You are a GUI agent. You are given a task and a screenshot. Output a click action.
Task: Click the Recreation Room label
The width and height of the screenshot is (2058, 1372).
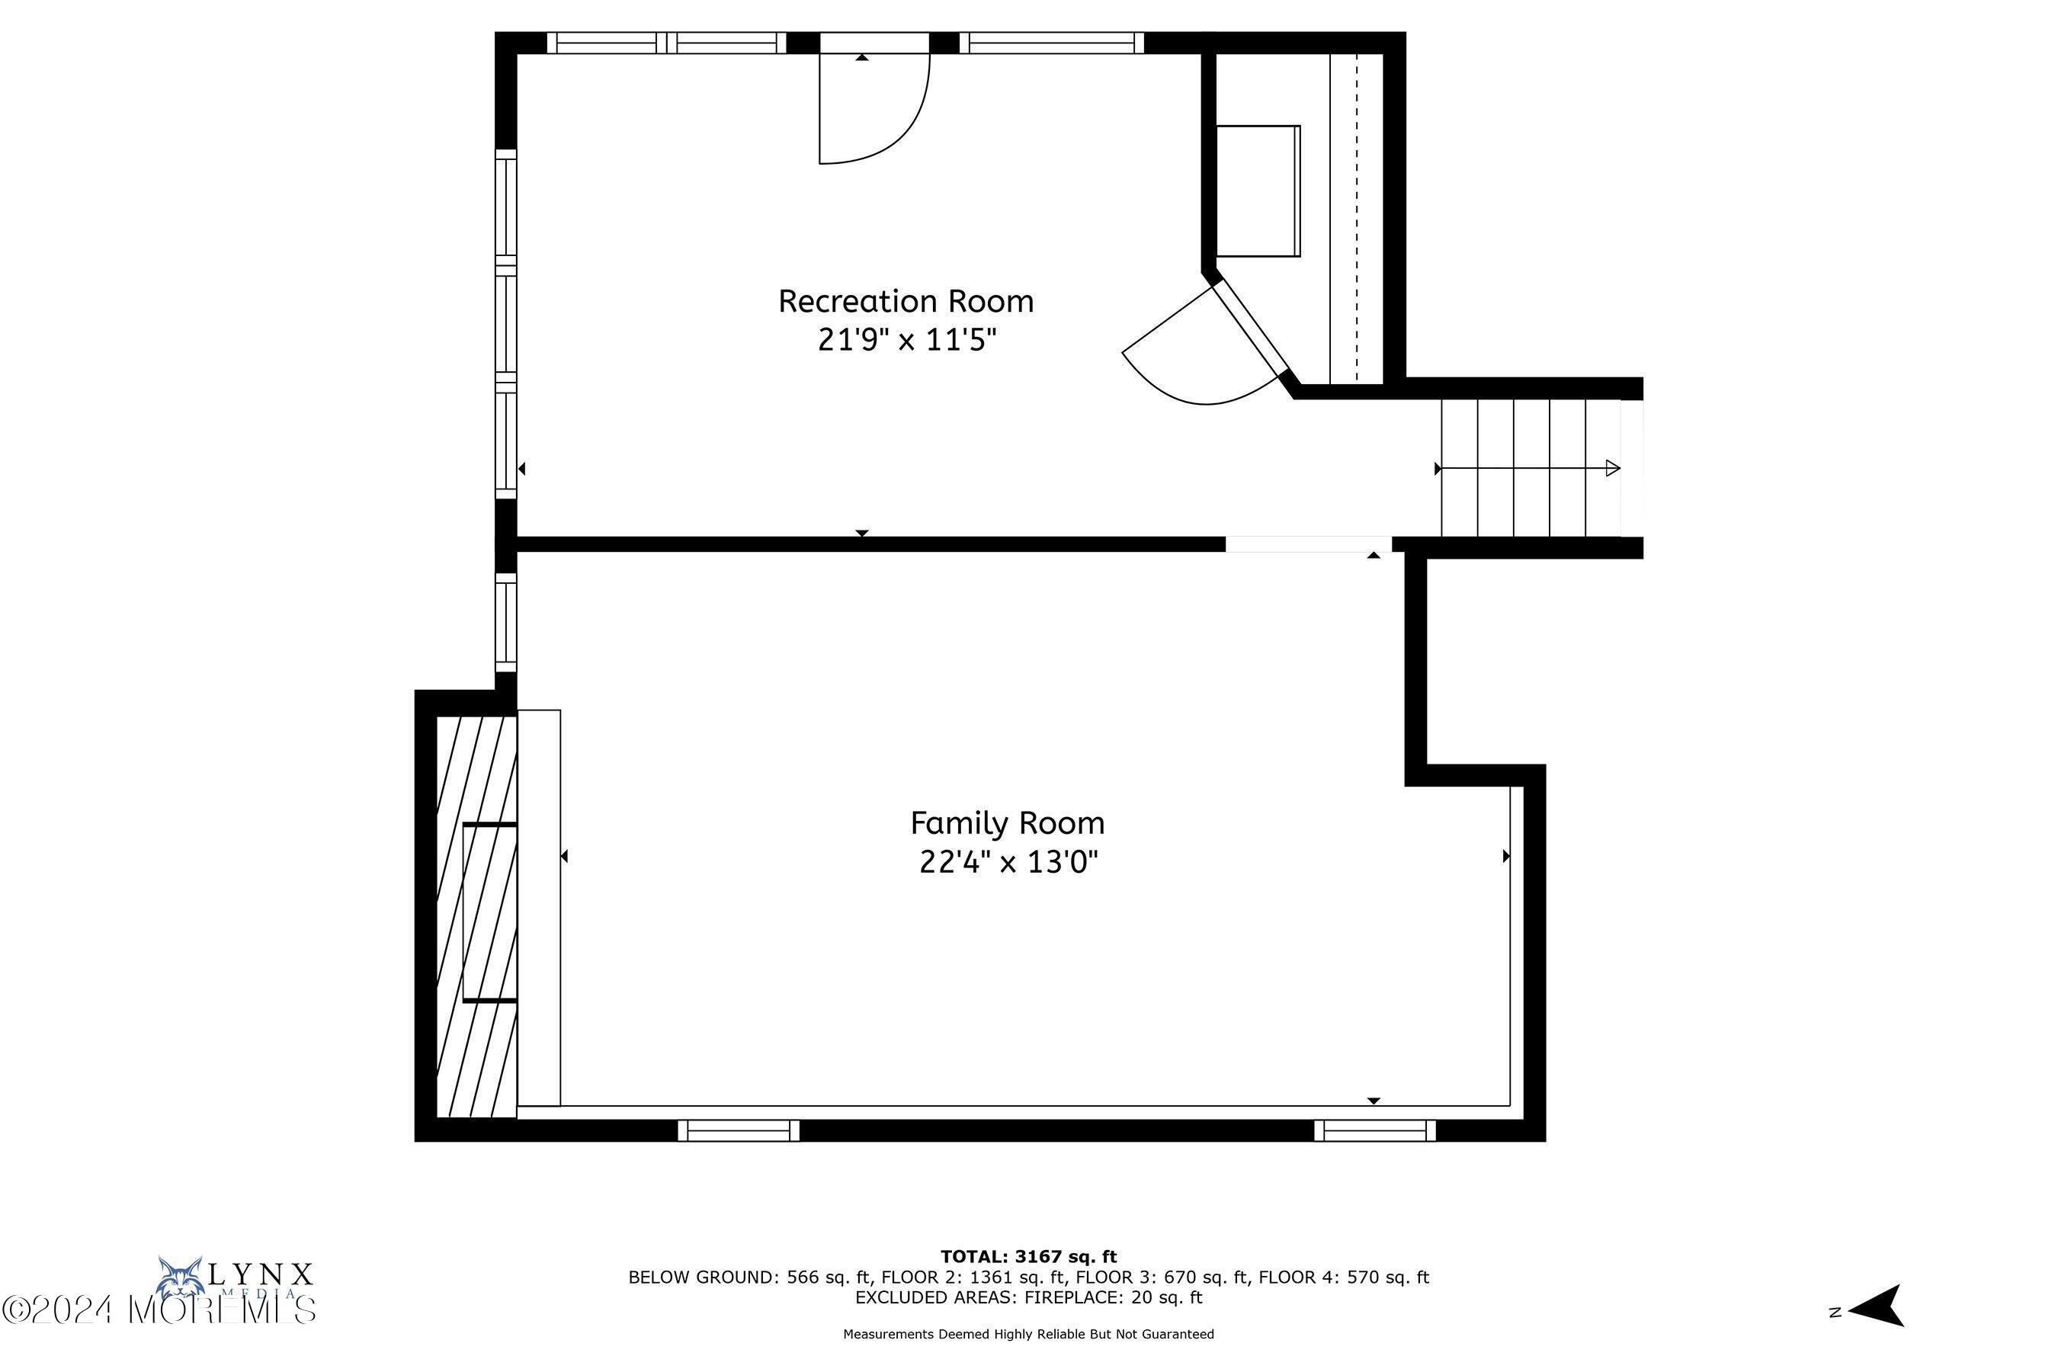click(x=906, y=301)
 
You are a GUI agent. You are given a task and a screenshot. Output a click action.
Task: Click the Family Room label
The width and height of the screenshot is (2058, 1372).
click(x=1007, y=823)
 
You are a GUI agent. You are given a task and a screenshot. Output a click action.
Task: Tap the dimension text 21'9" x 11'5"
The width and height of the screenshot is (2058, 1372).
click(x=906, y=339)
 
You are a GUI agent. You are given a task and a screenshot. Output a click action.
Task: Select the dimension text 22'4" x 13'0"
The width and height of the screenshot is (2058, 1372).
click(x=1008, y=863)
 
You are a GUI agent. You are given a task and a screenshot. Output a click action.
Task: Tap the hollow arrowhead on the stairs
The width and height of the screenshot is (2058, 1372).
click(x=1613, y=468)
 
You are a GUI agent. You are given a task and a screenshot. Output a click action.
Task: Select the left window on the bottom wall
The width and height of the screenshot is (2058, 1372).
click(x=739, y=1130)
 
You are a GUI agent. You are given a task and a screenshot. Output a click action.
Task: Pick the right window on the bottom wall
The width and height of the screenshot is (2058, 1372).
click(x=1374, y=1130)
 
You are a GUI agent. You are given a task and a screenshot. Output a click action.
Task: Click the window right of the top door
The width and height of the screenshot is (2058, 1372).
click(x=1052, y=43)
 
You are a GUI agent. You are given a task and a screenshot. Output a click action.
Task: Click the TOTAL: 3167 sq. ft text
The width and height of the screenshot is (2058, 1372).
click(x=1028, y=1258)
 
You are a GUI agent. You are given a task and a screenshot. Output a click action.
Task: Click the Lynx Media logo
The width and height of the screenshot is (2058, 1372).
click(x=235, y=1280)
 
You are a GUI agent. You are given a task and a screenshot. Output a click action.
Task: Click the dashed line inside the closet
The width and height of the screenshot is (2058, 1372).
click(x=1356, y=219)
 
